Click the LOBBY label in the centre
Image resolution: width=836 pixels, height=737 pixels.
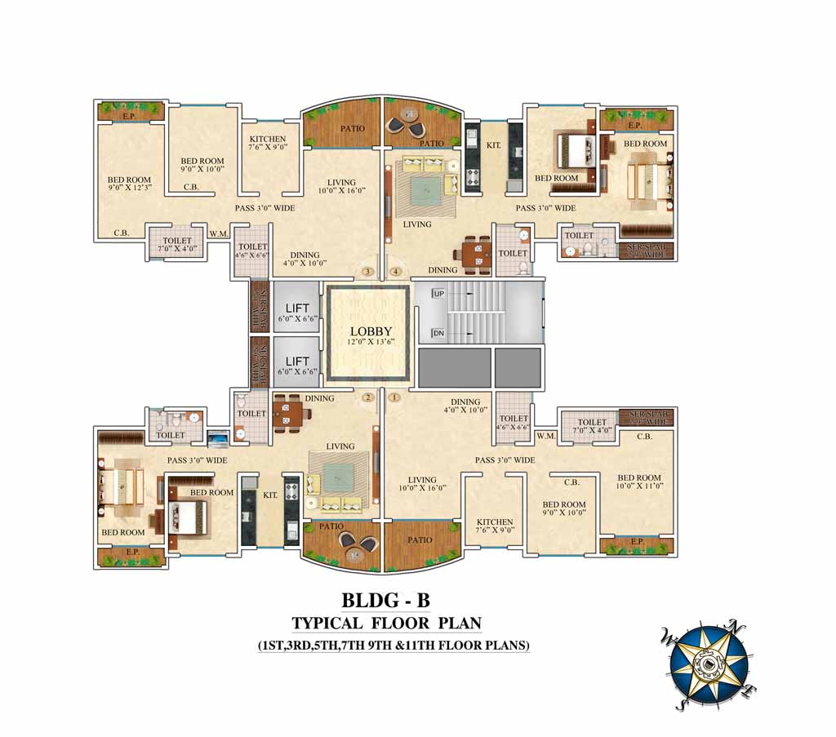(x=366, y=332)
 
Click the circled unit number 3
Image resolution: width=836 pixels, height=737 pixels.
(x=368, y=272)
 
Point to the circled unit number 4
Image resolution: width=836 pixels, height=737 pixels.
(x=396, y=272)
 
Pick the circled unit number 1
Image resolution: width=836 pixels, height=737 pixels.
(x=396, y=397)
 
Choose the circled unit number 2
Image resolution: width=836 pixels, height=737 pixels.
(x=368, y=397)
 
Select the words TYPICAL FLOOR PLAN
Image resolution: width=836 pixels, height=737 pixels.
(x=386, y=624)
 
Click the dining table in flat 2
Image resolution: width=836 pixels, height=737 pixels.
(x=290, y=415)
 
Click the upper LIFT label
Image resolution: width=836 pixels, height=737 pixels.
(x=297, y=308)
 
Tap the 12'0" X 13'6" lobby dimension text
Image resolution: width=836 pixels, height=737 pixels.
(x=366, y=344)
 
